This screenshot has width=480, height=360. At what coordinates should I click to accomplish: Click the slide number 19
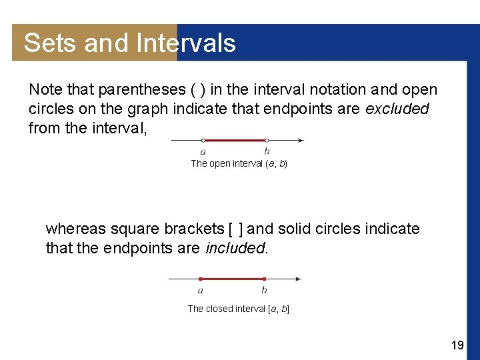pyautogui.click(x=457, y=345)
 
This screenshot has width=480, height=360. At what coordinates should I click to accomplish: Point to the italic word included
pyautogui.click(x=235, y=248)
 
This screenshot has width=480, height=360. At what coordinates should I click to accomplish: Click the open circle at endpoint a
pyautogui.click(x=203, y=141)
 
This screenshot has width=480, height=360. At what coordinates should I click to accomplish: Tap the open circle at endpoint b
pyautogui.click(x=267, y=141)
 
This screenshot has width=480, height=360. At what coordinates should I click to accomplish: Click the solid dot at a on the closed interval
pyautogui.click(x=201, y=279)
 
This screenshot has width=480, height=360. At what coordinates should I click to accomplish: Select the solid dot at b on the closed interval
pyautogui.click(x=264, y=279)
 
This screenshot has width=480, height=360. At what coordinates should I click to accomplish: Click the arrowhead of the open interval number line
pyautogui.click(x=301, y=141)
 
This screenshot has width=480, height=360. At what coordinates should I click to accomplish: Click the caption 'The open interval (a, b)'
pyautogui.click(x=239, y=163)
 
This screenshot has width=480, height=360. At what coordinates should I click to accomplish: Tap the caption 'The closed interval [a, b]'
pyautogui.click(x=238, y=309)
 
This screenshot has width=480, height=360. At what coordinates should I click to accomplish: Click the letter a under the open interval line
pyautogui.click(x=203, y=152)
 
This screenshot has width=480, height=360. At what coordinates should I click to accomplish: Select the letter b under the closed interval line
pyautogui.click(x=264, y=290)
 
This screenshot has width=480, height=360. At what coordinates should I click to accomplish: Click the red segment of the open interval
pyautogui.click(x=235, y=141)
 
